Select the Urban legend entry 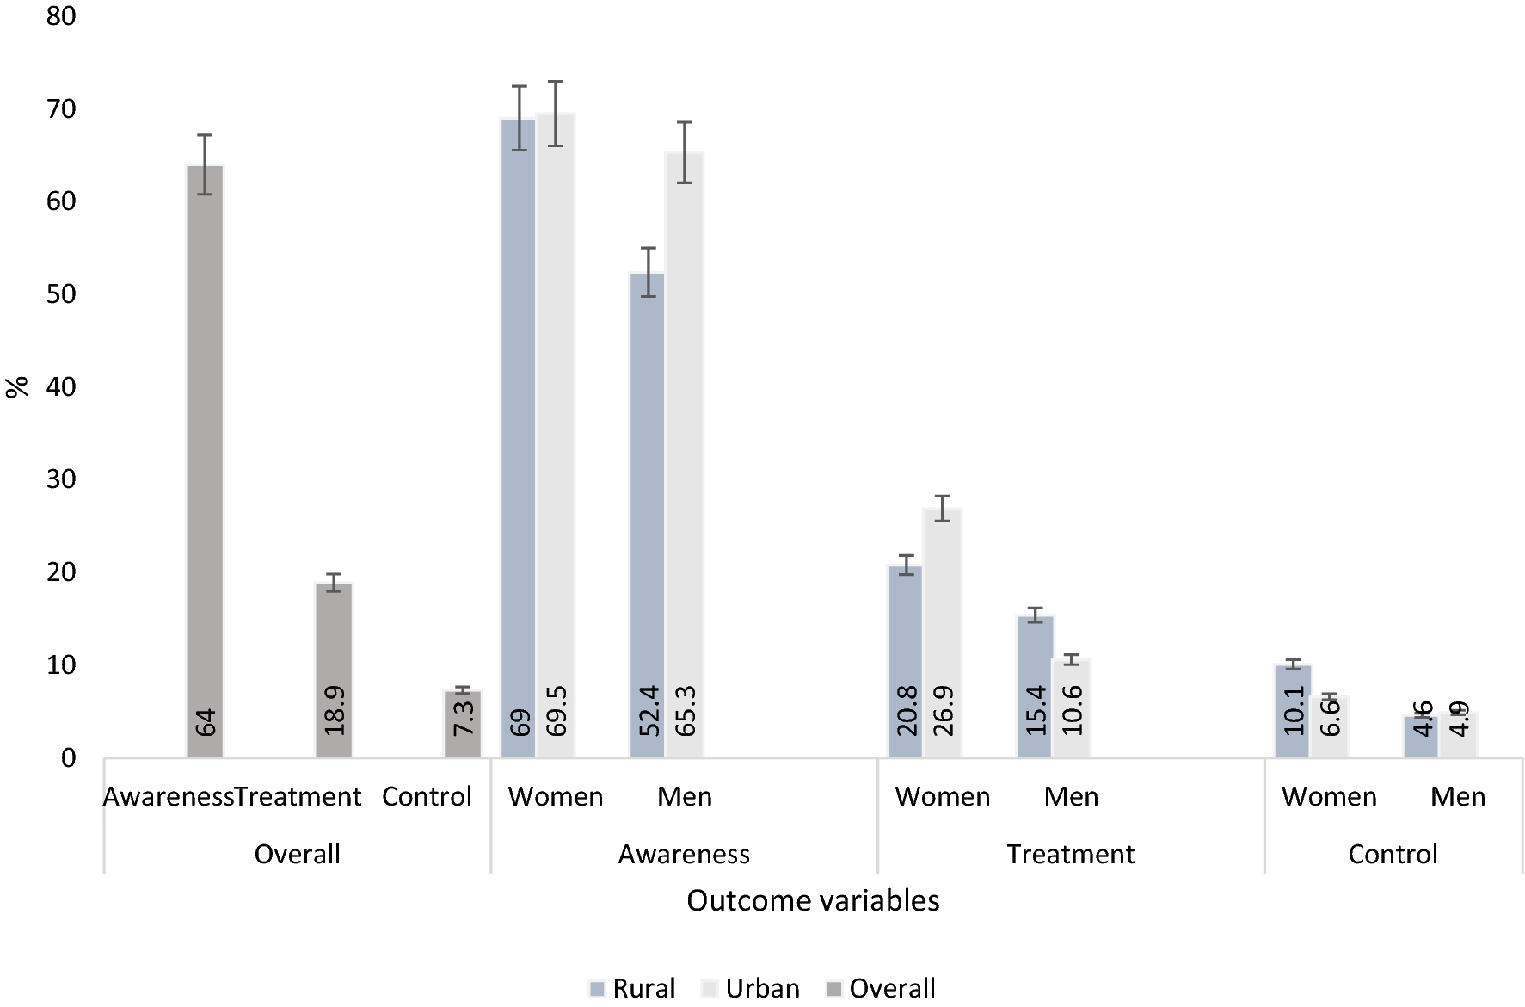pos(750,988)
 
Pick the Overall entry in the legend pos(881,988)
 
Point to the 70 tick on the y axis pos(62,109)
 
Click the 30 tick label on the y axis pos(62,479)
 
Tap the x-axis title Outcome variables pos(812,900)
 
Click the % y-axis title pos(17,387)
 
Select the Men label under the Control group pos(1458,797)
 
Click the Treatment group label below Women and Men pos(1070,855)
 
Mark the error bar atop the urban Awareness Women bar pos(556,113)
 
